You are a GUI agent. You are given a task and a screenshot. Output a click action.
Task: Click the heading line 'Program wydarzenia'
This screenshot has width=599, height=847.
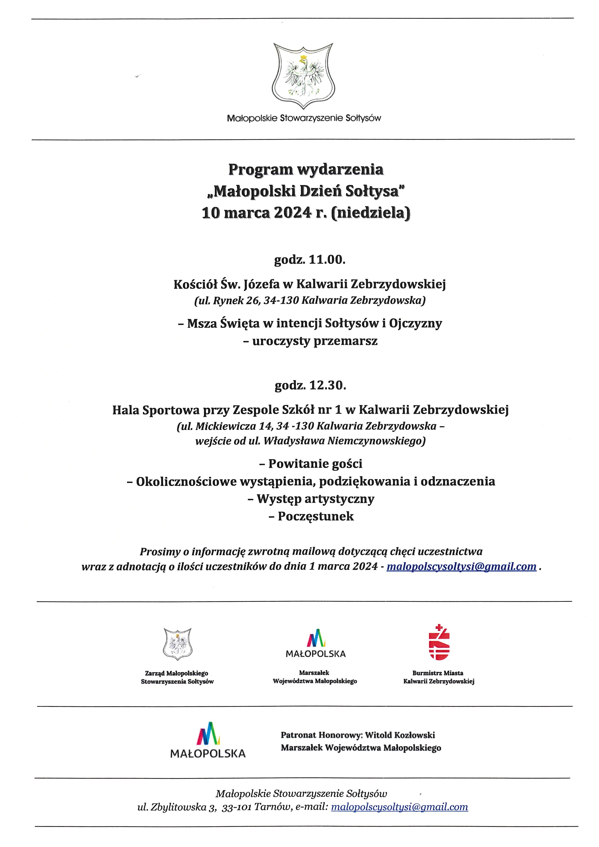tap(306, 169)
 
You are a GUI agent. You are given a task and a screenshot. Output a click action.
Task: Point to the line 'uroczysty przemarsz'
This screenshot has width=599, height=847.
tap(315, 341)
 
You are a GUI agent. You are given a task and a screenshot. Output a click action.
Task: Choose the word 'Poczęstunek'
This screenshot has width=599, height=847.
tap(316, 516)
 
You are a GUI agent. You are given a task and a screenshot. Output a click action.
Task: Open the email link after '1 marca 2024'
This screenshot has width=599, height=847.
tap(461, 566)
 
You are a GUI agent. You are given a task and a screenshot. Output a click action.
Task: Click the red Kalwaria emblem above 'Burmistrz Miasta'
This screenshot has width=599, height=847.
tap(439, 642)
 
